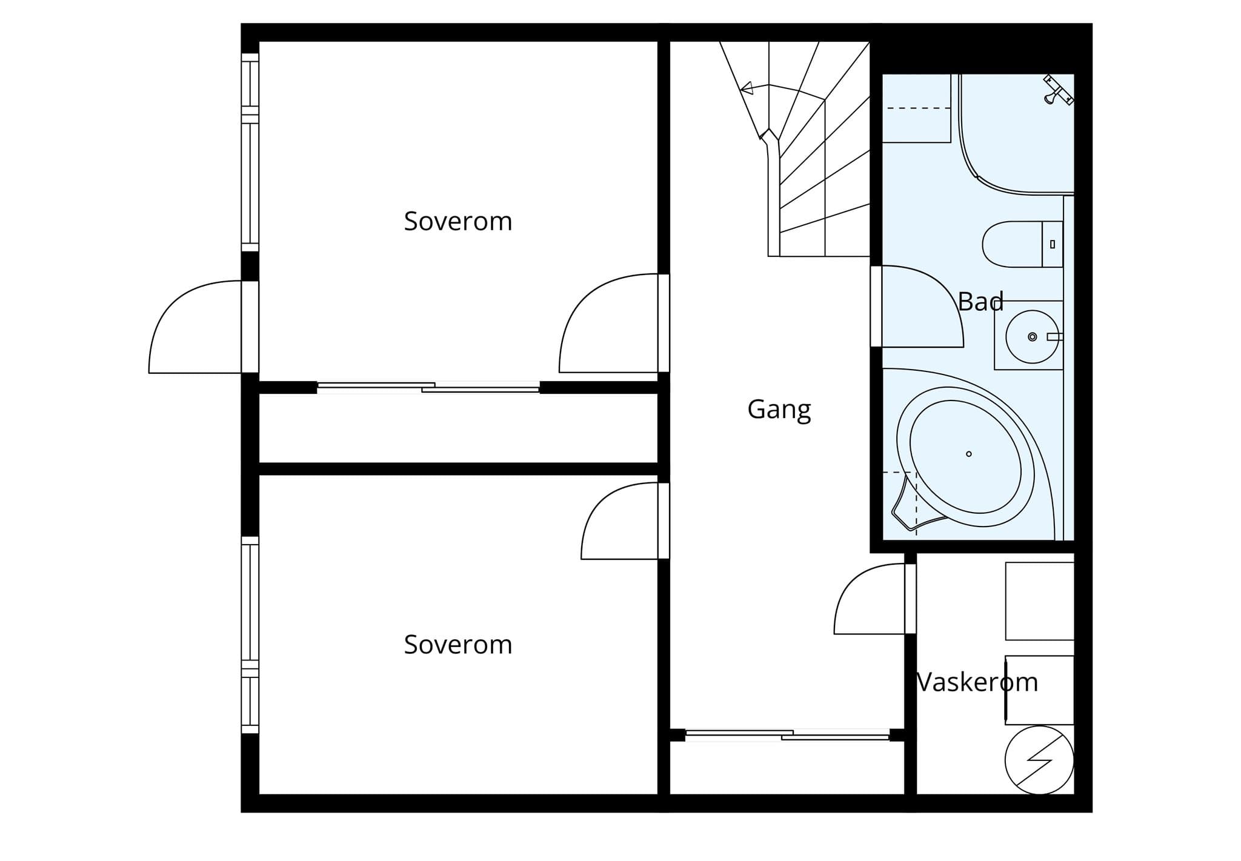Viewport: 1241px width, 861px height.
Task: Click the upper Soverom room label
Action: click(458, 221)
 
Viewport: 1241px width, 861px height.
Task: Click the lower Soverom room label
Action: click(458, 644)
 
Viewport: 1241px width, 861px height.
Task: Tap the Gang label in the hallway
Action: click(779, 410)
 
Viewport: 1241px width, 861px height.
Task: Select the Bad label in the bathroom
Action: click(980, 301)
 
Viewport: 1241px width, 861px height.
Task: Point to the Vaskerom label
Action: click(977, 682)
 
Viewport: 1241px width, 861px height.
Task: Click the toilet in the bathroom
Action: click(1022, 244)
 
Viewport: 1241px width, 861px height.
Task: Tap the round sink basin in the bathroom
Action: click(1032, 336)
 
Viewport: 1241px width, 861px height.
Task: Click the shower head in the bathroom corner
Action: click(1057, 90)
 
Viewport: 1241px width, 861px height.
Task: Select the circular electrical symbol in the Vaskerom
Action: click(1039, 760)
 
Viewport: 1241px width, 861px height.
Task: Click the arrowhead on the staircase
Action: click(748, 88)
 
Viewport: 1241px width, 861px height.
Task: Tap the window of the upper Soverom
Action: click(250, 152)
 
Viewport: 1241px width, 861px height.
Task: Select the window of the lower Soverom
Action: click(250, 635)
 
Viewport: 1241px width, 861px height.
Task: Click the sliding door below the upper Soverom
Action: click(428, 387)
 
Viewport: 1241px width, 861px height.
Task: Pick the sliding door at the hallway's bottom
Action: click(787, 735)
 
